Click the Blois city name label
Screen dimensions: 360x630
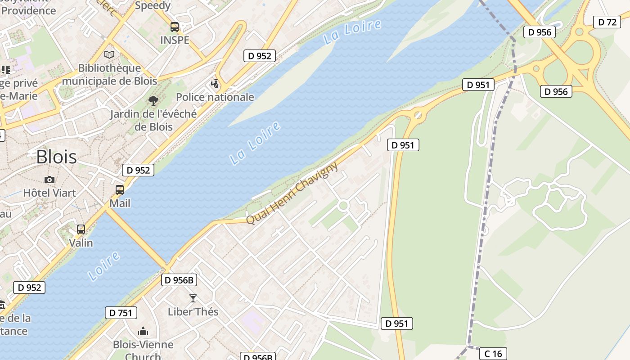click(x=56, y=157)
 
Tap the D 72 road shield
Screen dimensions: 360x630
click(x=607, y=22)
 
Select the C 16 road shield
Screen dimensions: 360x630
click(x=493, y=354)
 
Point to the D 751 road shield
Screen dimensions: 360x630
click(x=121, y=313)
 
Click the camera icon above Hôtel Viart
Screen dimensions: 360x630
click(x=49, y=180)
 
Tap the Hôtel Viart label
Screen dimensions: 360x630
click(x=49, y=193)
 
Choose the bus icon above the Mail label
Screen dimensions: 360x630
click(x=120, y=190)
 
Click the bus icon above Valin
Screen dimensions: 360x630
click(x=81, y=229)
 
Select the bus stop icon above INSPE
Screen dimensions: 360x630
click(x=175, y=27)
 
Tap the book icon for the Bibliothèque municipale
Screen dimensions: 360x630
click(x=109, y=54)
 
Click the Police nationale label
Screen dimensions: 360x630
click(x=215, y=97)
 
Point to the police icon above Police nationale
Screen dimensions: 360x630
click(x=215, y=83)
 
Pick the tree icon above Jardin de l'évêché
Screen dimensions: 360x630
click(x=153, y=100)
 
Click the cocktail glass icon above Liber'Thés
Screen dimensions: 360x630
click(x=193, y=298)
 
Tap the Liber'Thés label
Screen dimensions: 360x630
click(x=193, y=311)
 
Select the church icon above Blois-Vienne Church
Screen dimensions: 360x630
click(x=143, y=332)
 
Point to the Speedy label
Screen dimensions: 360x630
click(x=153, y=6)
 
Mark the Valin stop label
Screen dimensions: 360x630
click(x=81, y=243)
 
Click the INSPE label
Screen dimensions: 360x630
click(x=175, y=40)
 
